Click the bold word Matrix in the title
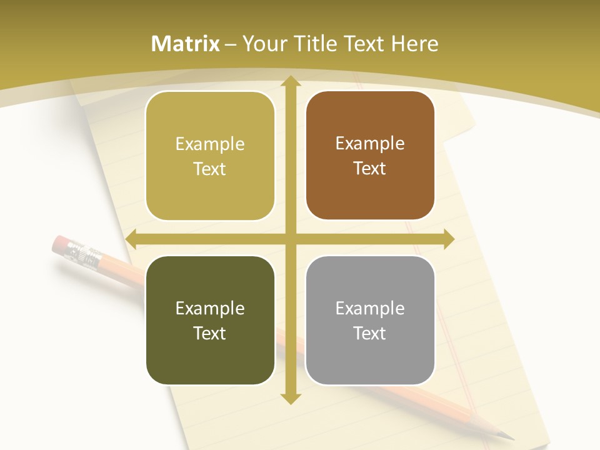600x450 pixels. pyautogui.click(x=186, y=44)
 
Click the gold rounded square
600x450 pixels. pyautogui.click(x=210, y=156)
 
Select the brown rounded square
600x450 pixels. pyautogui.click(x=370, y=156)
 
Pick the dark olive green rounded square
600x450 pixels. pyautogui.click(x=210, y=320)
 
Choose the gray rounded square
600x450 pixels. pyautogui.click(x=370, y=320)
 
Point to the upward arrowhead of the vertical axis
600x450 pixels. pyautogui.click(x=290, y=81)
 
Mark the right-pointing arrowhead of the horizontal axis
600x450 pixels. pyautogui.click(x=448, y=239)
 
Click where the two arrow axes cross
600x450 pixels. pyautogui.click(x=290, y=239)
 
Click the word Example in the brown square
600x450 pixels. pyautogui.click(x=370, y=143)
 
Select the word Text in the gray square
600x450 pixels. pyautogui.click(x=370, y=333)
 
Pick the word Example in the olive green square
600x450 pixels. pyautogui.click(x=210, y=308)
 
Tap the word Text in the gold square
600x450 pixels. pyautogui.click(x=210, y=169)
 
